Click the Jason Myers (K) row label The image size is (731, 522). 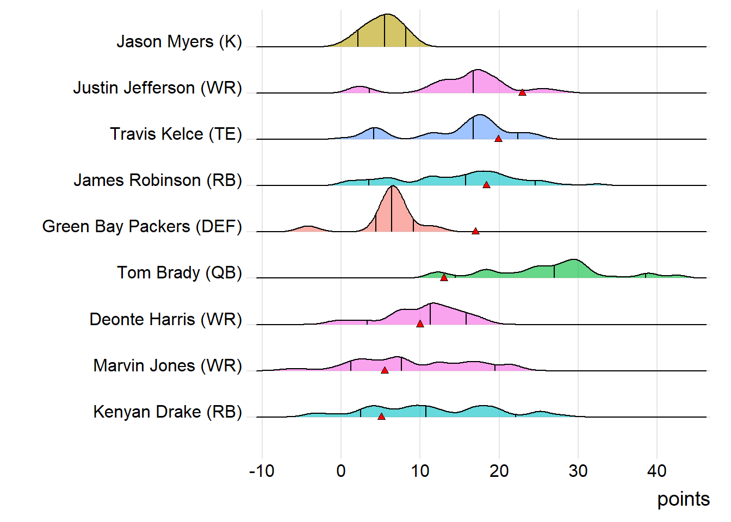pos(179,42)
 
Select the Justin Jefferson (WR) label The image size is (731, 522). pos(157,88)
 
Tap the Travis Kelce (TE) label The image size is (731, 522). pos(176,134)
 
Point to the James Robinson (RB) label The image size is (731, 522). pos(158,181)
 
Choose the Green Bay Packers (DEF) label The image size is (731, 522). pos(142,227)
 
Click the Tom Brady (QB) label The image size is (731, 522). pos(179,273)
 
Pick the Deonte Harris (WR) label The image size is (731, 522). pos(165,320)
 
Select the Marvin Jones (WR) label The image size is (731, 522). pos(168,366)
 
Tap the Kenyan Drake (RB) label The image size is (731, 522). pos(168,412)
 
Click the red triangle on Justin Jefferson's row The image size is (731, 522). pos(522,92)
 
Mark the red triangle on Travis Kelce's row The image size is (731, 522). pos(498,139)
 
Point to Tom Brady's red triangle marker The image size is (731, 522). pos(444,277)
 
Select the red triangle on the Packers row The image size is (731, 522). pos(475,231)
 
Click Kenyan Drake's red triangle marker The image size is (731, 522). pos(381,417)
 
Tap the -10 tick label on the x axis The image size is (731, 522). pos(262,471)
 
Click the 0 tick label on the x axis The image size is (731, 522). pos(341,471)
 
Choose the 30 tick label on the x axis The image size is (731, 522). pos(578,471)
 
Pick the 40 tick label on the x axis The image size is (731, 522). pos(657,471)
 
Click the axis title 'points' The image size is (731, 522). pos(683,499)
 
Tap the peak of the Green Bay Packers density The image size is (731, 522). pos(392,187)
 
